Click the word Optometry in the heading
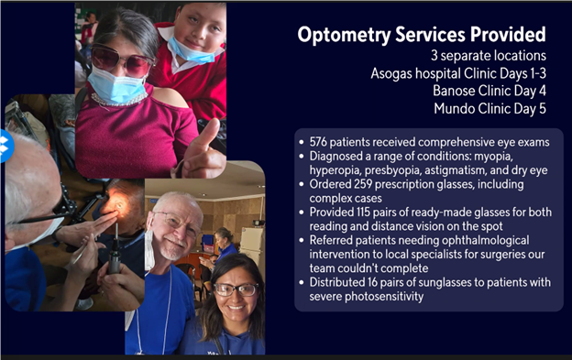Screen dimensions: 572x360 344,35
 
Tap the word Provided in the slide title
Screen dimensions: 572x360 508,34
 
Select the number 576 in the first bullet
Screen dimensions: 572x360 318,142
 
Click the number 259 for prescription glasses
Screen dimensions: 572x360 363,184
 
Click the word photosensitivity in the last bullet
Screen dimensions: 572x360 384,297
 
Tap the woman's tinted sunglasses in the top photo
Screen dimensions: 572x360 122,60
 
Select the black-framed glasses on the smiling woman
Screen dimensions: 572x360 236,289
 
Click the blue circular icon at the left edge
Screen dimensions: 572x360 6,146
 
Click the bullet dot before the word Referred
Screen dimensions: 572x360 302,241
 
